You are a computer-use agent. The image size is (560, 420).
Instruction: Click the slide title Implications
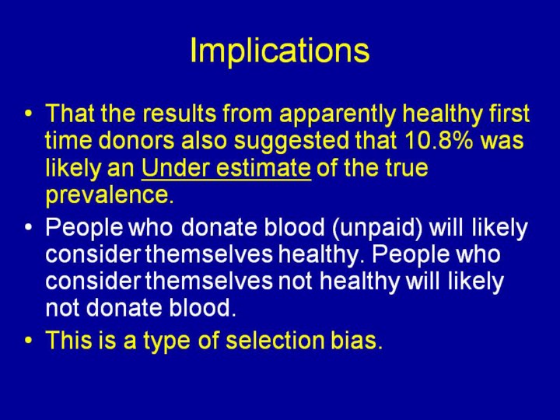(280, 51)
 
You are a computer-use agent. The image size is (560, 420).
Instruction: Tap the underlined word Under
(176, 167)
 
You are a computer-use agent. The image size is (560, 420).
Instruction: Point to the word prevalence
(110, 195)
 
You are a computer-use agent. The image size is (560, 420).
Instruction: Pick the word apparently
(338, 114)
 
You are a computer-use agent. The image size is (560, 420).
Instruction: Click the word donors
(136, 140)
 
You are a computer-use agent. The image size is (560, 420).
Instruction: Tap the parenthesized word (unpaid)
(376, 228)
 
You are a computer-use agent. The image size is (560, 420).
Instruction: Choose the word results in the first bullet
(180, 114)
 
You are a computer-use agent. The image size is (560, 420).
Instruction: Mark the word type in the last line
(166, 341)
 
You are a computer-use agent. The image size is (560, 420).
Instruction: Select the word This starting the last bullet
(69, 339)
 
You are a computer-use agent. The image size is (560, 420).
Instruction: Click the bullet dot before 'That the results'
(28, 114)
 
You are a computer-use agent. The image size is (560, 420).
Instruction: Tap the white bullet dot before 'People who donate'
(28, 228)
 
